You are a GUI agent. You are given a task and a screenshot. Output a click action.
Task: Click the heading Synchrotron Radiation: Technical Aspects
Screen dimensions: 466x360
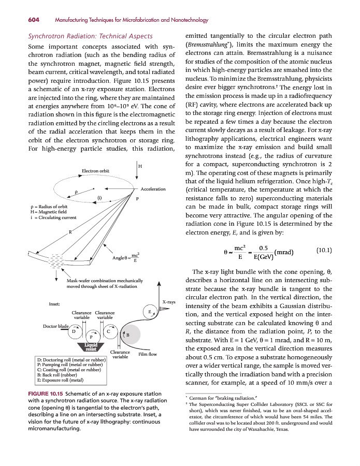(90, 36)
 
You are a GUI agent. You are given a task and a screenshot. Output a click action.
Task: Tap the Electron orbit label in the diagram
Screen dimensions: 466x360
(96, 171)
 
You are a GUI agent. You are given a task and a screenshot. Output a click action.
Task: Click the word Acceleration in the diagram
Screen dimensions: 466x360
(153, 188)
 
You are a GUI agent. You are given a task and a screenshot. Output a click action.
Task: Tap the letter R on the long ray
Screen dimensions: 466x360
(70, 231)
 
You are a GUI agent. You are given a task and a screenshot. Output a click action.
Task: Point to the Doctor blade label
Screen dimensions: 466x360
(56, 326)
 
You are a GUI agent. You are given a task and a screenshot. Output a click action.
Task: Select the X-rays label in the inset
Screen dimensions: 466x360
(169, 301)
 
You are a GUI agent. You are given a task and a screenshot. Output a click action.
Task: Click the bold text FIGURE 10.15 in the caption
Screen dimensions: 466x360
(46, 394)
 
